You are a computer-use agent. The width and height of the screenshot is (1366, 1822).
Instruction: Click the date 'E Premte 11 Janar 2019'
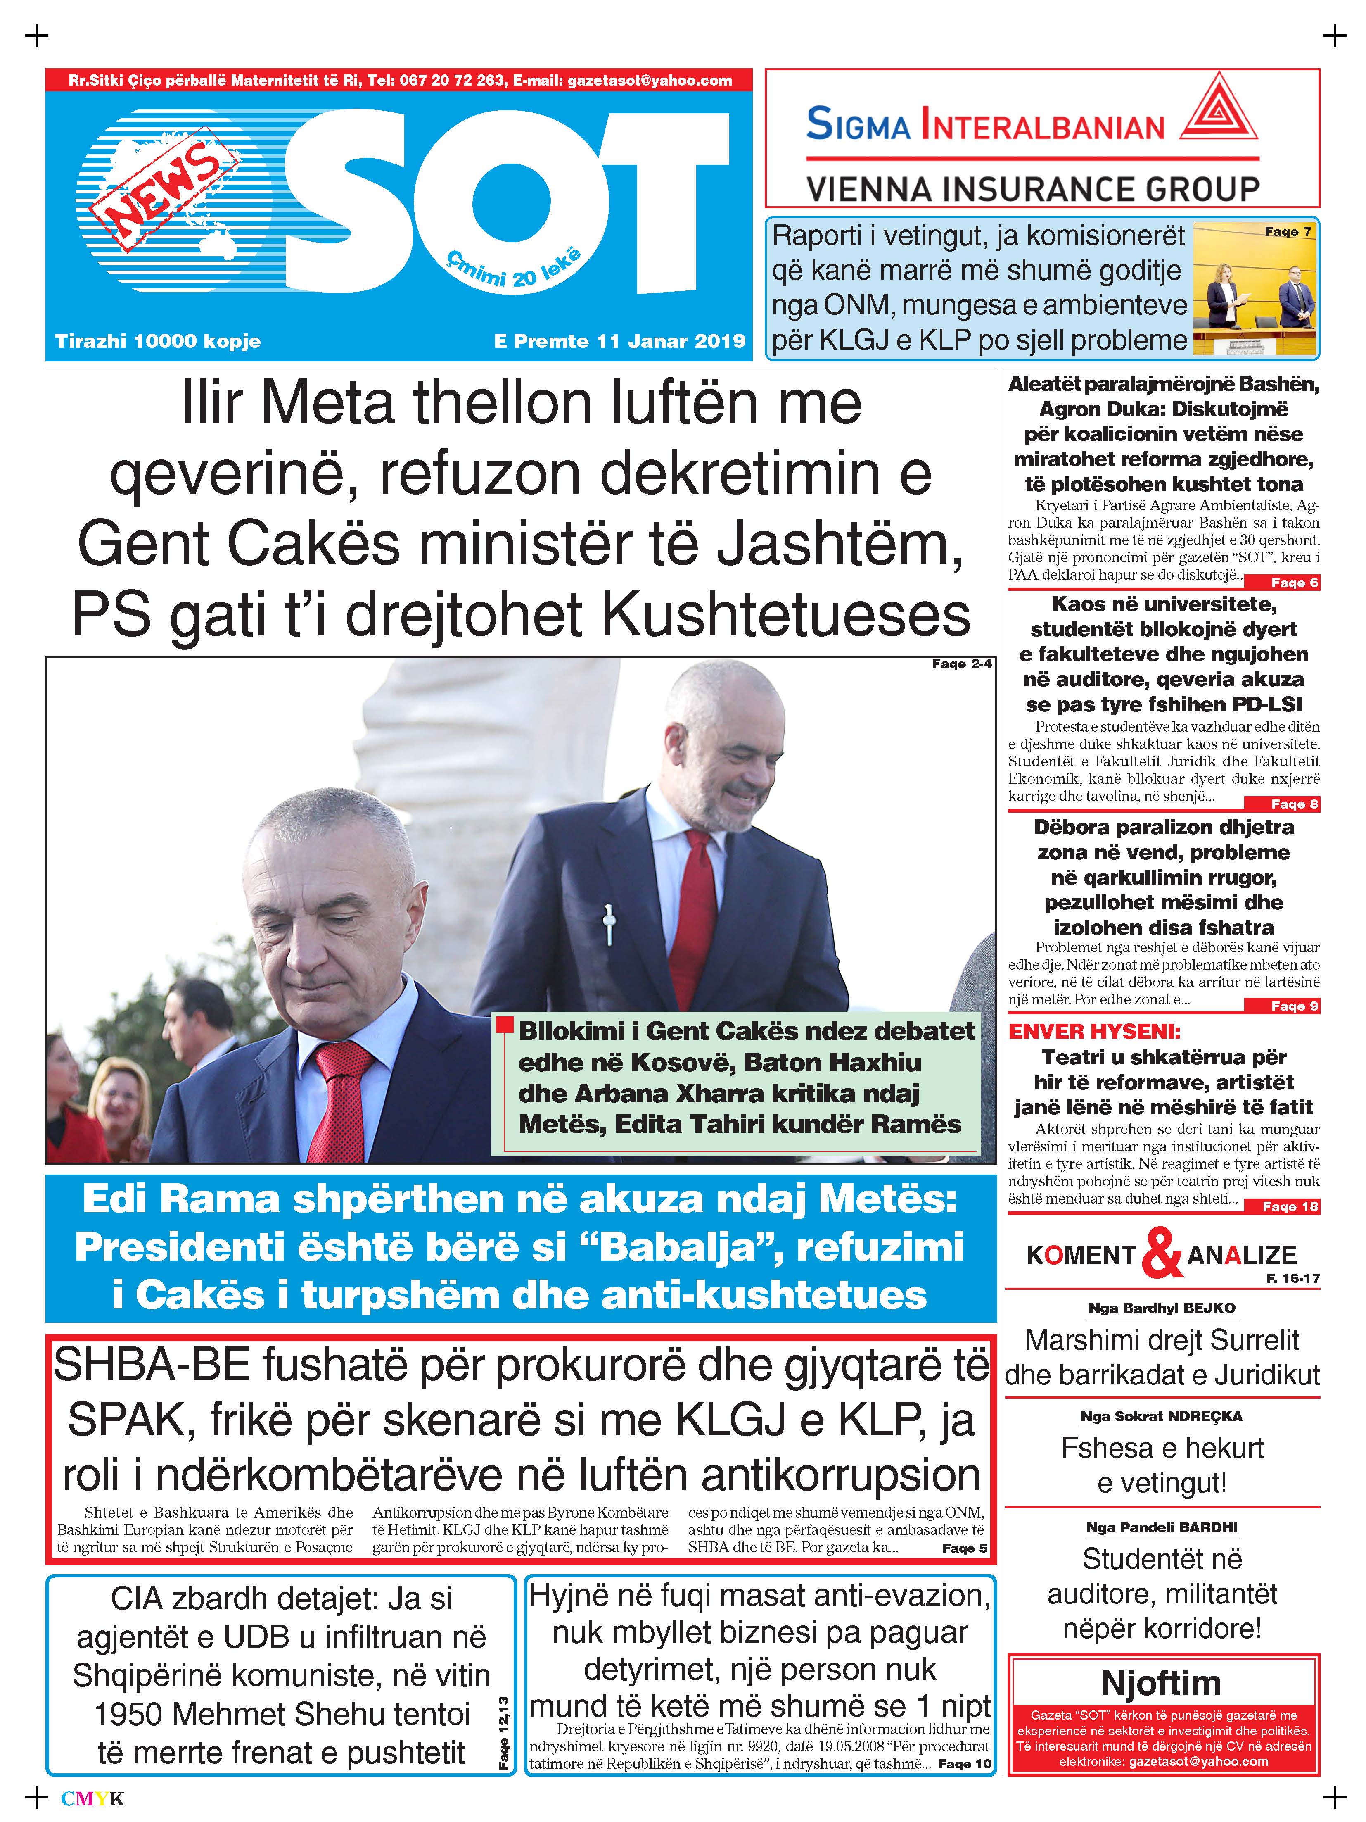click(x=619, y=341)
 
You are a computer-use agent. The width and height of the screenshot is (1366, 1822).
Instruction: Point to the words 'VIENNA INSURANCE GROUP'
click(x=1032, y=190)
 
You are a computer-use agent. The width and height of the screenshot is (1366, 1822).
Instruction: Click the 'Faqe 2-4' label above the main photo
click(x=962, y=664)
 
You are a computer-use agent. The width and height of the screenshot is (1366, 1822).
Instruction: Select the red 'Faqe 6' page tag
click(x=1295, y=583)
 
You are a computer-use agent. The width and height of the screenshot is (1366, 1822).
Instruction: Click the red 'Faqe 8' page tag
click(x=1295, y=804)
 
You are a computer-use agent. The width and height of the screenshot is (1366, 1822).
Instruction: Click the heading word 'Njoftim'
click(x=1161, y=1682)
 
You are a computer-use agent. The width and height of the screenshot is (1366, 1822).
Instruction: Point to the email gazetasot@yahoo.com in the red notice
click(x=1198, y=1761)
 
